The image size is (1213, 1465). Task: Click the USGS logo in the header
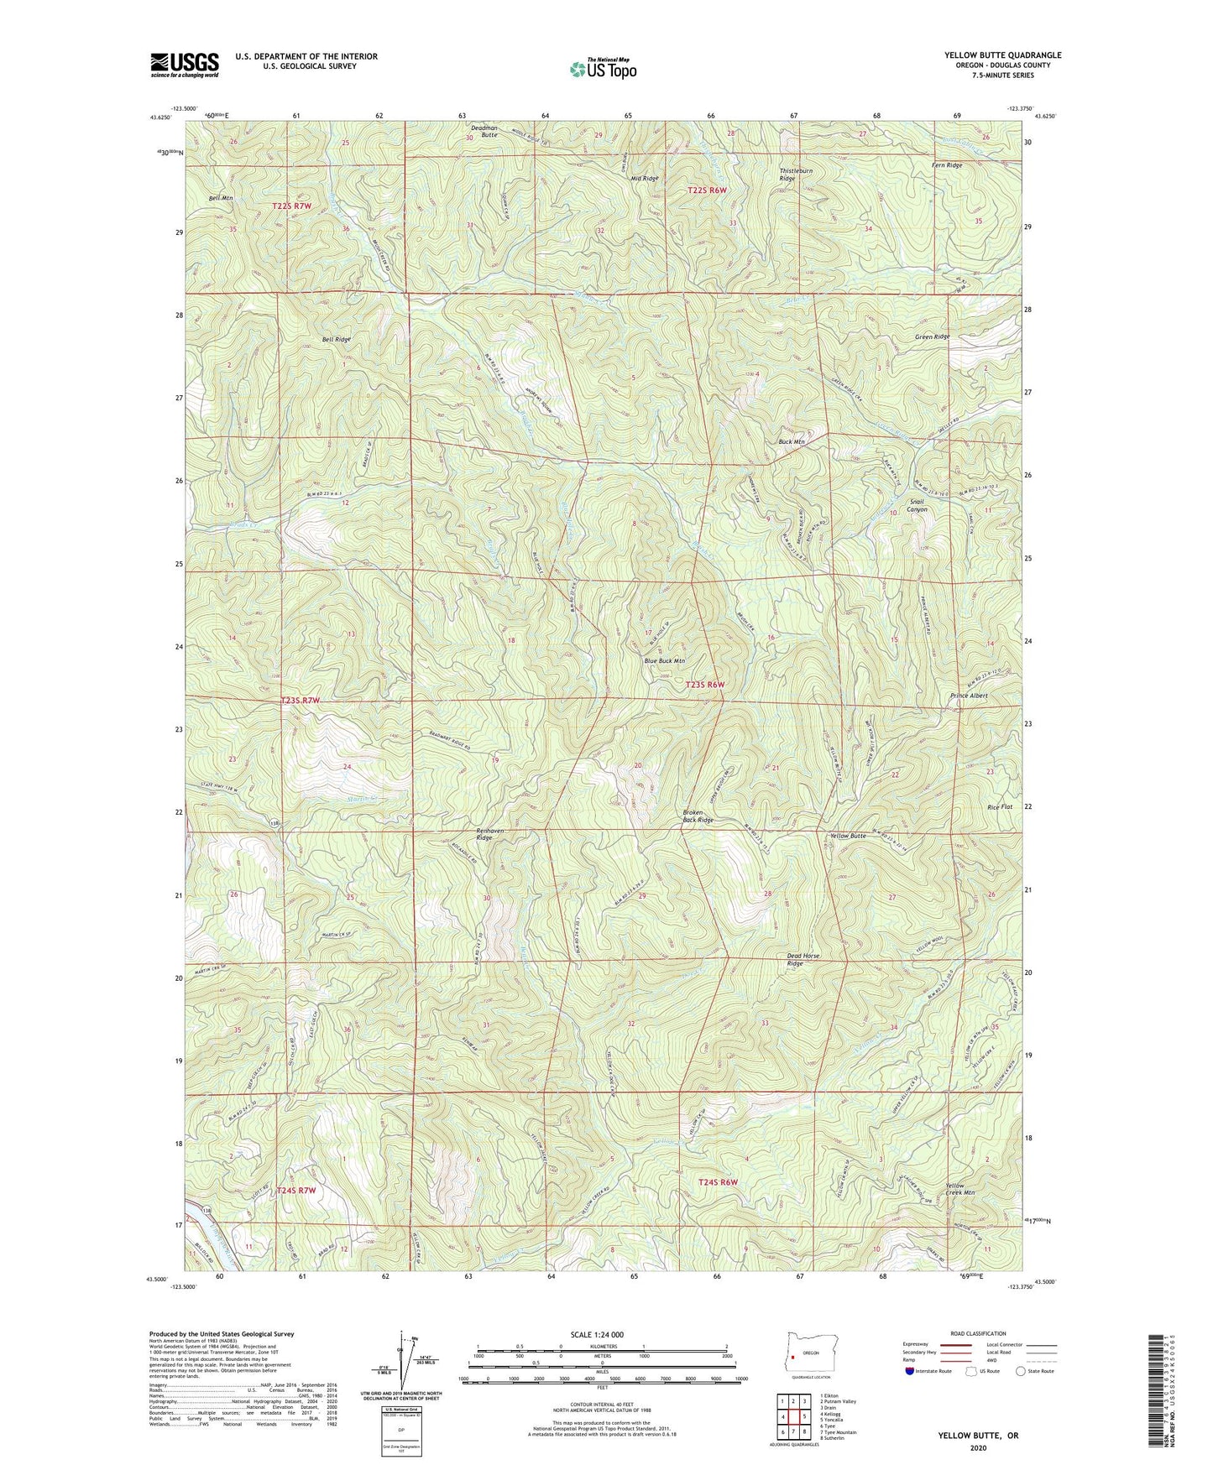pyautogui.click(x=185, y=65)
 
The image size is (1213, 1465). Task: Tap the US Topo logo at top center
pyautogui.click(x=602, y=69)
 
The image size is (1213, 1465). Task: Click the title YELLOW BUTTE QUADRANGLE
pyautogui.click(x=1002, y=55)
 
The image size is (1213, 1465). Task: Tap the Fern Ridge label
pyautogui.click(x=947, y=165)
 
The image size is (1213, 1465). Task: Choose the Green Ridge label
pyautogui.click(x=933, y=336)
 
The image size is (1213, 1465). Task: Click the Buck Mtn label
pyautogui.click(x=792, y=441)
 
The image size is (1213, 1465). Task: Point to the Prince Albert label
pyautogui.click(x=969, y=696)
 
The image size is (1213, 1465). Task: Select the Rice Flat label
pyautogui.click(x=1000, y=807)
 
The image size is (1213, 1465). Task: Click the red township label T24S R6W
pyautogui.click(x=717, y=1182)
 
